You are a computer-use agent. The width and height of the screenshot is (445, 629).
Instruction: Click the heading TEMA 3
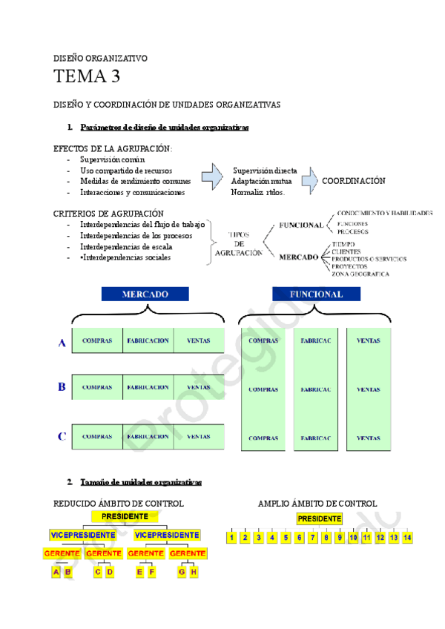pos(87,76)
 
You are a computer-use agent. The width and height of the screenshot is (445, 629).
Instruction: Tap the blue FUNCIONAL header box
pos(317,294)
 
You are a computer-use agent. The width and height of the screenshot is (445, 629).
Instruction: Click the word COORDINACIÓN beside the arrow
pos(354,181)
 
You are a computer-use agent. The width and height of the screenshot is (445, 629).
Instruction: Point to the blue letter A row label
pos(62,342)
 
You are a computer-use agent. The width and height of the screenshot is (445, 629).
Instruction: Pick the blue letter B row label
pos(62,387)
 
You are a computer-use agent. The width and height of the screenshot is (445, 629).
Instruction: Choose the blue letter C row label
pos(62,437)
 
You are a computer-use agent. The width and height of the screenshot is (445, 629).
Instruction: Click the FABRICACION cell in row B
pos(148,387)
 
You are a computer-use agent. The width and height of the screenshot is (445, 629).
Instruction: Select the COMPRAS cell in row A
pos(97,341)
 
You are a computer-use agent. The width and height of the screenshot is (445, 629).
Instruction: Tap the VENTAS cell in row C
pos(199,437)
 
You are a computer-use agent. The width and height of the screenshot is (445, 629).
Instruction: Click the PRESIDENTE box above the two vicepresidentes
pos(125,516)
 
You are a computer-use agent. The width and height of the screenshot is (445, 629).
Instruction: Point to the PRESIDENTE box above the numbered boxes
pos(320,518)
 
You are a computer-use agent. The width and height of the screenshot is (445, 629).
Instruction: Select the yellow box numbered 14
pos(407,537)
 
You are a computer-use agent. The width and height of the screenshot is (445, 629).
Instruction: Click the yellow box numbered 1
pos(231,537)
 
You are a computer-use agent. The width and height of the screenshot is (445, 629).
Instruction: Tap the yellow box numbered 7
pos(312,537)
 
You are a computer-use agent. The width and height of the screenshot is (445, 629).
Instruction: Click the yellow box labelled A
pos(56,572)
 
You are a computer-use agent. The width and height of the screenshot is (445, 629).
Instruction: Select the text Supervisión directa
pos(265,171)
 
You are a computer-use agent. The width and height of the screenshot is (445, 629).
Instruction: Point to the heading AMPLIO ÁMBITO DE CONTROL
pos(317,504)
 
